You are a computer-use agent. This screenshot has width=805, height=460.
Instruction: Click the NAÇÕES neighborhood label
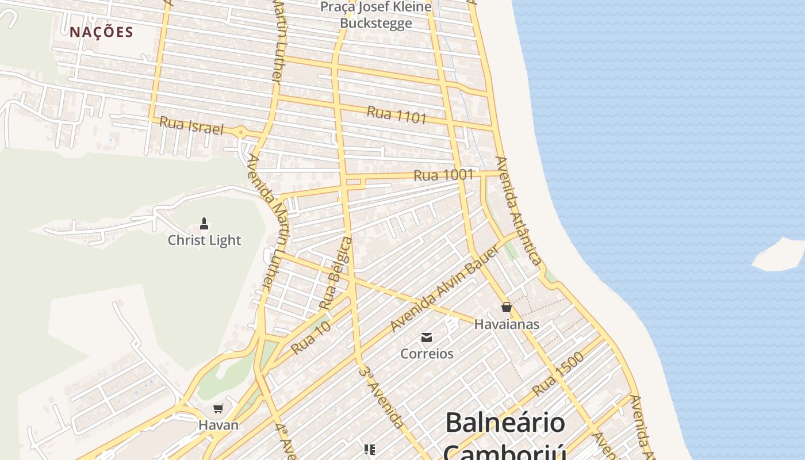(x=101, y=32)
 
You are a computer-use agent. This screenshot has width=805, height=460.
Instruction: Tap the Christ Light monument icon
(x=204, y=223)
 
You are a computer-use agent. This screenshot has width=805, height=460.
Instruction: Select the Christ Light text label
(x=204, y=240)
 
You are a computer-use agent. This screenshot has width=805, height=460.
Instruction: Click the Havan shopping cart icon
(x=218, y=409)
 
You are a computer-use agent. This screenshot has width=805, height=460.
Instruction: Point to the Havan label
(x=218, y=425)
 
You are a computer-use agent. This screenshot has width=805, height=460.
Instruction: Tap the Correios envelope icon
(x=427, y=338)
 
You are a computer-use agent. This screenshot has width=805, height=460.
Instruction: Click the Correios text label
(x=427, y=354)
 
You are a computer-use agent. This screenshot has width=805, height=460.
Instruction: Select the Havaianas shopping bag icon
(x=507, y=308)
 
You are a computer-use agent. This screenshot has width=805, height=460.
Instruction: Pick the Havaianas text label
(x=507, y=324)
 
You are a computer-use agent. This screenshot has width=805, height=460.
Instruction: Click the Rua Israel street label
(x=191, y=125)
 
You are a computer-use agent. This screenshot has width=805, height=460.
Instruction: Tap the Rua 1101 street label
(x=397, y=114)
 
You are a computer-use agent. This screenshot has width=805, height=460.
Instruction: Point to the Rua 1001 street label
(x=443, y=175)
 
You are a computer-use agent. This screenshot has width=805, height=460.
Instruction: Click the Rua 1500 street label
(x=558, y=374)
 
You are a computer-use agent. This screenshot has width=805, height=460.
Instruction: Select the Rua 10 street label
(x=310, y=338)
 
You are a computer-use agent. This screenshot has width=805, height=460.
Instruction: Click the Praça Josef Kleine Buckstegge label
(x=376, y=15)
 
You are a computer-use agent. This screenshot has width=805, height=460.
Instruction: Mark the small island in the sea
(x=779, y=255)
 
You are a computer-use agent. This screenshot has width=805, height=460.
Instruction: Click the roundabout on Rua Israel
(x=240, y=133)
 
